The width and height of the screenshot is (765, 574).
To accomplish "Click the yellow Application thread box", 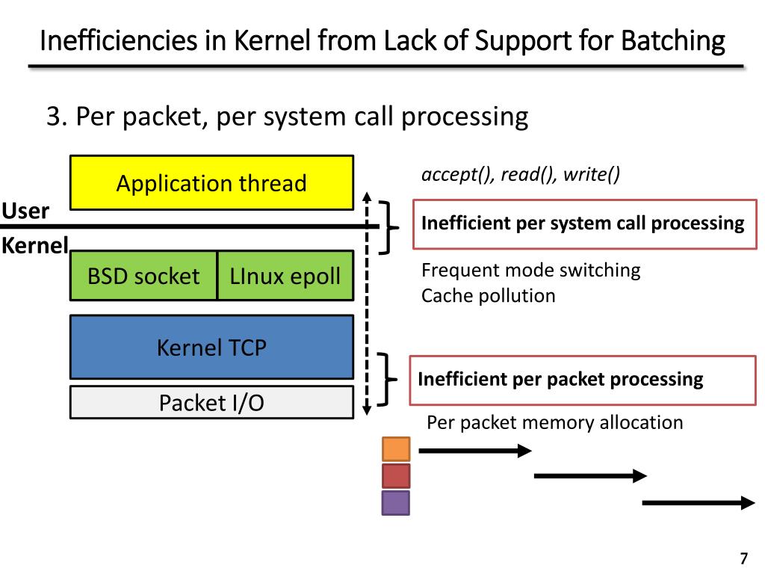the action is pyautogui.click(x=211, y=183).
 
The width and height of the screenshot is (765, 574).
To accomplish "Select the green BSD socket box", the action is pyautogui.click(x=143, y=276).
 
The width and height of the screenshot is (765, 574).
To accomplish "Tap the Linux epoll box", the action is pyautogui.click(x=285, y=276).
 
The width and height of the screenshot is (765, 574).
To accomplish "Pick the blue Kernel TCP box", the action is pyautogui.click(x=211, y=347).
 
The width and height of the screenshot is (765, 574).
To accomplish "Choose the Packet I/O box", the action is pyautogui.click(x=211, y=403).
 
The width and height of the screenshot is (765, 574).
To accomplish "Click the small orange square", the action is pyautogui.click(x=396, y=449).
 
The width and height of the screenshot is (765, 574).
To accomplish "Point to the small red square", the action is pyautogui.click(x=396, y=476).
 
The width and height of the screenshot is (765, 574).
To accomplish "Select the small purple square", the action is pyautogui.click(x=396, y=503).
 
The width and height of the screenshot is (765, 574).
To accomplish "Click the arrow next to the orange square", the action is pyautogui.click(x=475, y=451).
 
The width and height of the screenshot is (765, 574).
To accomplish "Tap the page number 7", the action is pyautogui.click(x=743, y=558).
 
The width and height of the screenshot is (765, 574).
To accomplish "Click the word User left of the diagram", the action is pyautogui.click(x=25, y=211).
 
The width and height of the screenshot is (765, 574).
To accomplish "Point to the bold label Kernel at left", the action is pyautogui.click(x=34, y=245).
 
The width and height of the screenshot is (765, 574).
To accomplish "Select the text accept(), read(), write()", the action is pyautogui.click(x=521, y=174).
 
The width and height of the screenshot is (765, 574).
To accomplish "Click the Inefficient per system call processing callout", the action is pyautogui.click(x=584, y=224).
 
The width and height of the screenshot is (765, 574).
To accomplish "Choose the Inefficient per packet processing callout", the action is pyautogui.click(x=583, y=380).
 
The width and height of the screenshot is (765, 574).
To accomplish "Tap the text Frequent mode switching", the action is pyautogui.click(x=531, y=270).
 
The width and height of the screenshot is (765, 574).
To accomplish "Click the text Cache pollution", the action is pyautogui.click(x=489, y=296).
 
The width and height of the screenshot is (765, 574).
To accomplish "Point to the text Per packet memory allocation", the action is pyautogui.click(x=555, y=423).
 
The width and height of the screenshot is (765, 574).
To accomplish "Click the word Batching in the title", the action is pyautogui.click(x=673, y=40).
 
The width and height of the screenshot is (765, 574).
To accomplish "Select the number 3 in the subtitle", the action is pyautogui.click(x=53, y=117).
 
